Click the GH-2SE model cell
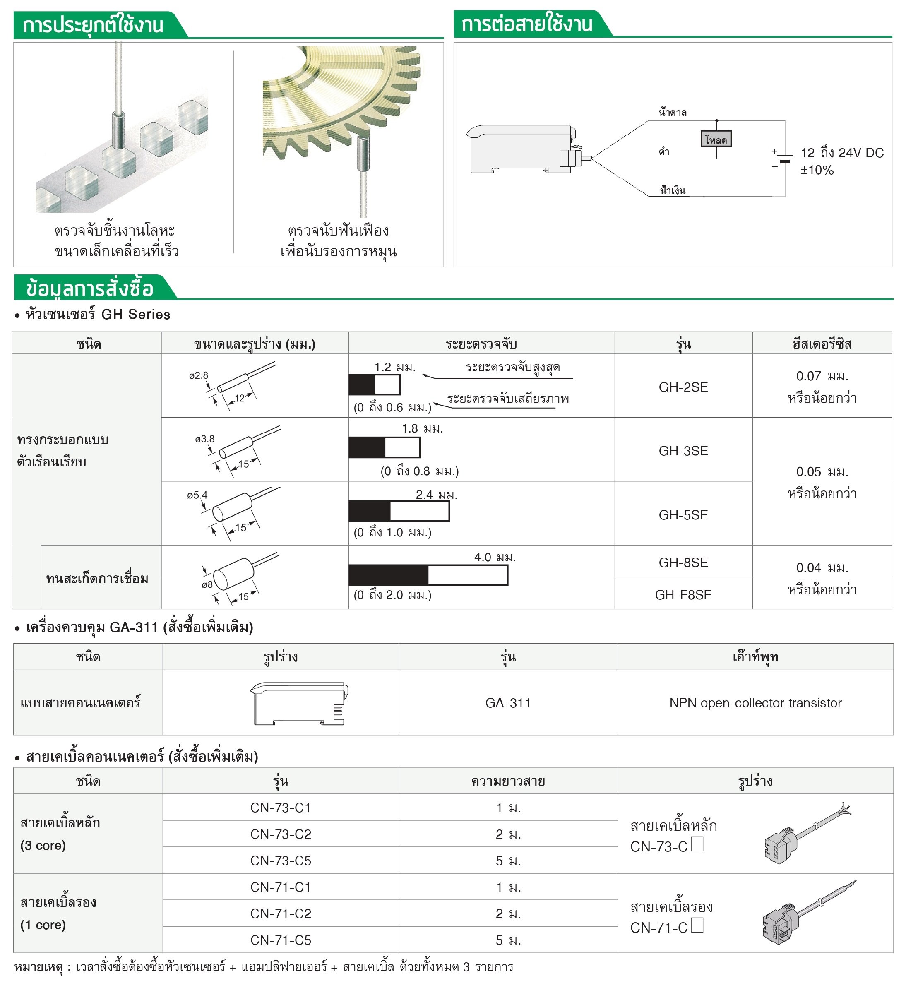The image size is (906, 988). coord(683,387)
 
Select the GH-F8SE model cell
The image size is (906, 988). coord(683,595)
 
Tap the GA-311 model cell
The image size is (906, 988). coord(508,703)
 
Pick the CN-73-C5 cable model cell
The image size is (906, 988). coord(281,861)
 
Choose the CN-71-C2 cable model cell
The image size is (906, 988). coord(281,913)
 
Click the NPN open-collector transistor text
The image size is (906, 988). coord(755,703)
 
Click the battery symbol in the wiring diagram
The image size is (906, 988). coord(784,159)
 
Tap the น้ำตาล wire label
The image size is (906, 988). coord(673,113)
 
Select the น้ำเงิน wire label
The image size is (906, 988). coord(673,191)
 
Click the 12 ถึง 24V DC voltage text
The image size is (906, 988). coord(842,153)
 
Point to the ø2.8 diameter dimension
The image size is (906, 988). coord(199,375)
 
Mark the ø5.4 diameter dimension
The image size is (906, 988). coord(197,495)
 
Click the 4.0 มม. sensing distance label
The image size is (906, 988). coord(495,558)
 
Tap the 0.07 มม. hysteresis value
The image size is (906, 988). coord(822,377)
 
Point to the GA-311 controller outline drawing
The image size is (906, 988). coord(299,703)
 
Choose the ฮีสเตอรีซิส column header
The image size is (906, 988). coord(822,344)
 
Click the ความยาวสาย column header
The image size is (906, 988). coord(508,781)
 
